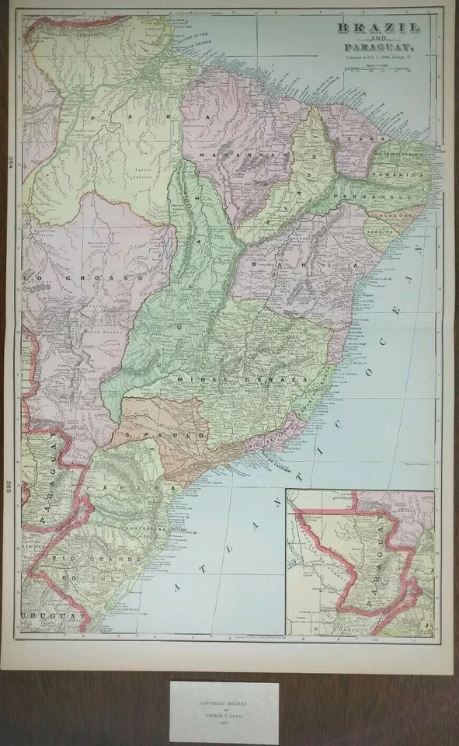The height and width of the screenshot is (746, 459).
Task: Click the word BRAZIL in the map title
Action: pyautogui.click(x=378, y=30)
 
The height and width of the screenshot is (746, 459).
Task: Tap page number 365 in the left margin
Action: pyautogui.click(x=10, y=486)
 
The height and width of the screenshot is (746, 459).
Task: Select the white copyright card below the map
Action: pyautogui.click(x=224, y=713)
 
